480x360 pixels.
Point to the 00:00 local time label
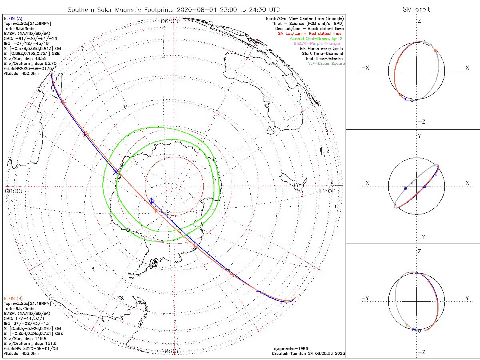(x=13, y=191)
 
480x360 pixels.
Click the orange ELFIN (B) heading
(x=13, y=298)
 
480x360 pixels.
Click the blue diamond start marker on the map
(x=151, y=200)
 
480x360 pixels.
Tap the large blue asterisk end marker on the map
(x=116, y=172)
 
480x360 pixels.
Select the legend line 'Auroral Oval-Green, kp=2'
(x=316, y=39)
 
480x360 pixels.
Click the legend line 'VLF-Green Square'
(x=326, y=64)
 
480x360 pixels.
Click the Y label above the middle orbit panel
(x=419, y=136)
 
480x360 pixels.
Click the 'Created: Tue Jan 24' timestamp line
(x=308, y=353)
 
